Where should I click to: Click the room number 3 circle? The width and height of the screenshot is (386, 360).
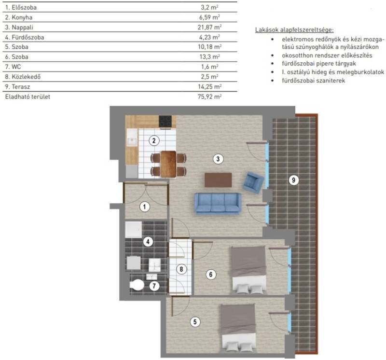pos(218,159)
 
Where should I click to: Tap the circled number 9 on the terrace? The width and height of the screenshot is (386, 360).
pos(293,180)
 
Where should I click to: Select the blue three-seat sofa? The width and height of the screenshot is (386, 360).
pos(218,203)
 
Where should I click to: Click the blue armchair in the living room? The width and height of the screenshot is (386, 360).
pos(253,182)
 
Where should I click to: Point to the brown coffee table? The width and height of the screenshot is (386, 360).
pos(218,180)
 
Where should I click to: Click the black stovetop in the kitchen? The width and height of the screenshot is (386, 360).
pos(165,122)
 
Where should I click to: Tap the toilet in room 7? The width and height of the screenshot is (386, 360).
pos(137,285)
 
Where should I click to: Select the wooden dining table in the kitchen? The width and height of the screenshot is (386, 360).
pos(168,164)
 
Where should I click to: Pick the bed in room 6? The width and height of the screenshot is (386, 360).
pos(248,270)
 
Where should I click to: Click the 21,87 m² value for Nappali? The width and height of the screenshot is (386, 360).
pos(209,27)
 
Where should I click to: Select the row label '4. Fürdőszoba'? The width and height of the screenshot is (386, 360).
pos(25,38)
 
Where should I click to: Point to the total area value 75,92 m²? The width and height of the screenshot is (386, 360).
pos(209,97)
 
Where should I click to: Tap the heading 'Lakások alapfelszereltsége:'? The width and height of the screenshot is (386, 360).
pos(294,30)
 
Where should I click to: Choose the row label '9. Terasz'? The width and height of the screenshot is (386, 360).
pos(17,87)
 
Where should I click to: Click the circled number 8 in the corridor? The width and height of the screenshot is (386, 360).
pos(181,269)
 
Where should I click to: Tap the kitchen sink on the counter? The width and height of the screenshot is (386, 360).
pos(132,141)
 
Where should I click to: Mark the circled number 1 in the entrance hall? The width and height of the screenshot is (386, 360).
pos(144,207)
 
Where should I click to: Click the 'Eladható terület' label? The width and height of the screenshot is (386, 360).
pos(28,97)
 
